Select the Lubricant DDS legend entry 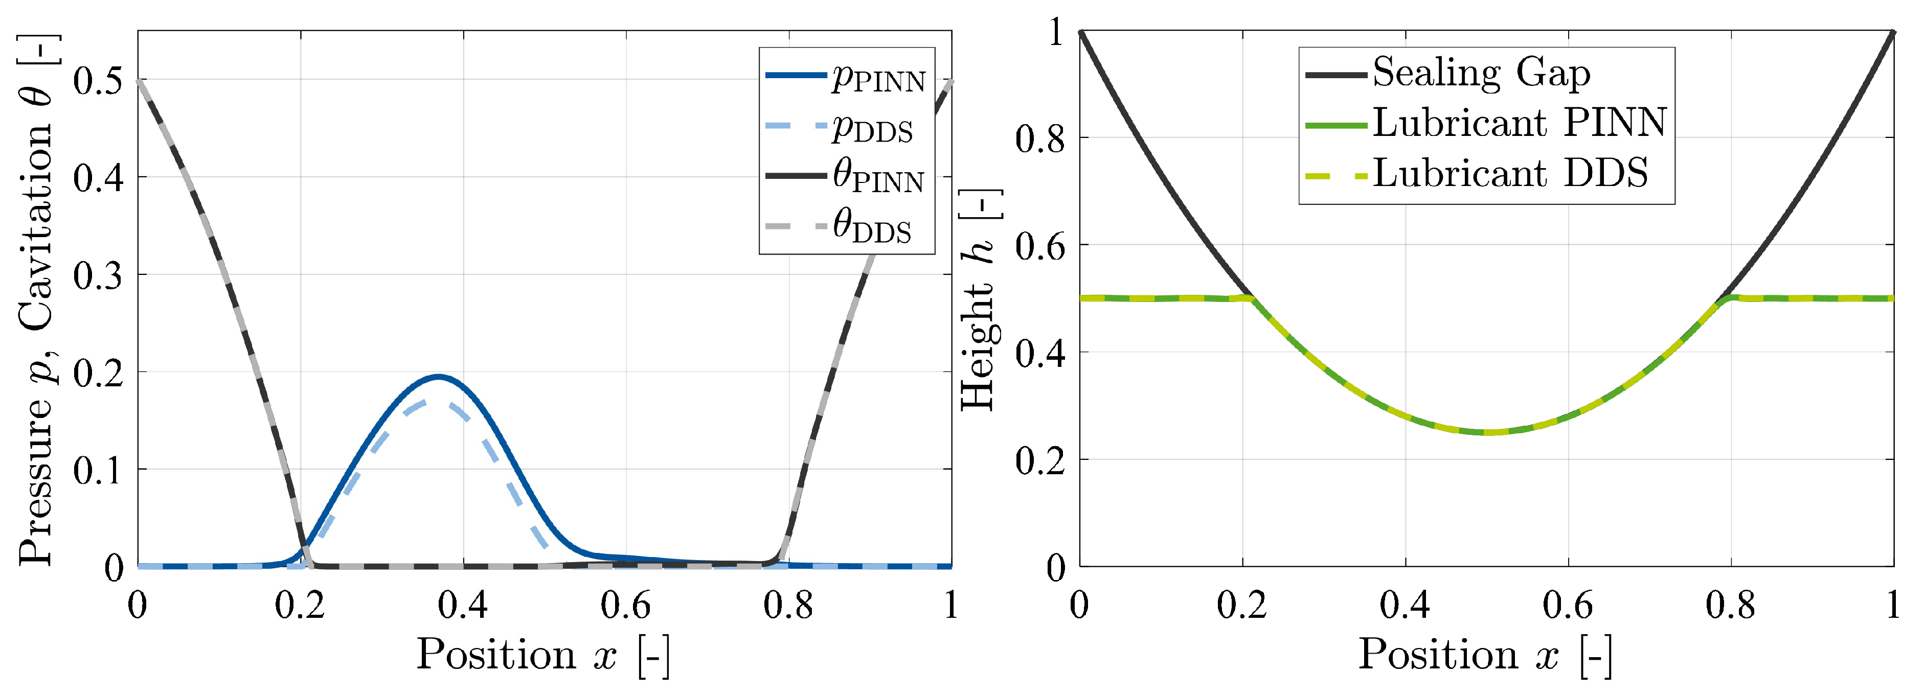pos(1477,174)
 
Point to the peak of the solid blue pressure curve pos(439,377)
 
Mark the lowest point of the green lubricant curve pos(1487,432)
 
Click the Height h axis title pos(979,299)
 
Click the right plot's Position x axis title pos(1485,655)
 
